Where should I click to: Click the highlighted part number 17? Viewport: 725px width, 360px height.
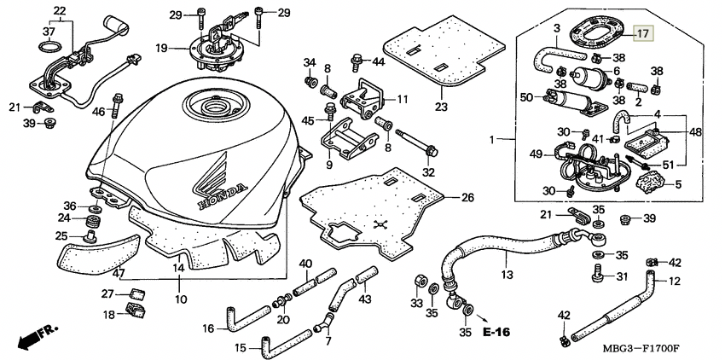pos(643,33)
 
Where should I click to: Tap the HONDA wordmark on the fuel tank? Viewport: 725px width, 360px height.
pos(223,197)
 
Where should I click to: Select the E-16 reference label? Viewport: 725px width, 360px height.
pos(496,332)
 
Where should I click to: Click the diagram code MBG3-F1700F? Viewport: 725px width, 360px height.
pos(643,348)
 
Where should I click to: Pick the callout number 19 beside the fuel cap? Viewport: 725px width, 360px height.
pos(161,48)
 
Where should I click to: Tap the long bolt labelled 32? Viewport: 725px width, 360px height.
pos(415,142)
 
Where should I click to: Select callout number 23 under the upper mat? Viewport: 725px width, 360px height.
pos(441,107)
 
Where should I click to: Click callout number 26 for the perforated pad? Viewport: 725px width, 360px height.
pos(467,198)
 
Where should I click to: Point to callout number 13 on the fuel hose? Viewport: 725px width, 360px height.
pos(507,275)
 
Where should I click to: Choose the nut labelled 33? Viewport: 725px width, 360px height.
pos(420,281)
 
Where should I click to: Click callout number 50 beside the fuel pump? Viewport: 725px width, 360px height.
pos(526,97)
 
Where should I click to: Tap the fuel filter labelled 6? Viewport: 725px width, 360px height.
pos(585,74)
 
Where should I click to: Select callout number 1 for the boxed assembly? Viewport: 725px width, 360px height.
pos(493,139)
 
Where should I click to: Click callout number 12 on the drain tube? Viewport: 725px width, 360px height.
pos(675,281)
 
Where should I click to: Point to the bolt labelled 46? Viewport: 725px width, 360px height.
pos(116,106)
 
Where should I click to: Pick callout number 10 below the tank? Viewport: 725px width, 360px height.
pos(181,299)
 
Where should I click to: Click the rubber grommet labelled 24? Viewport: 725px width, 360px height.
pos(94,220)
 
